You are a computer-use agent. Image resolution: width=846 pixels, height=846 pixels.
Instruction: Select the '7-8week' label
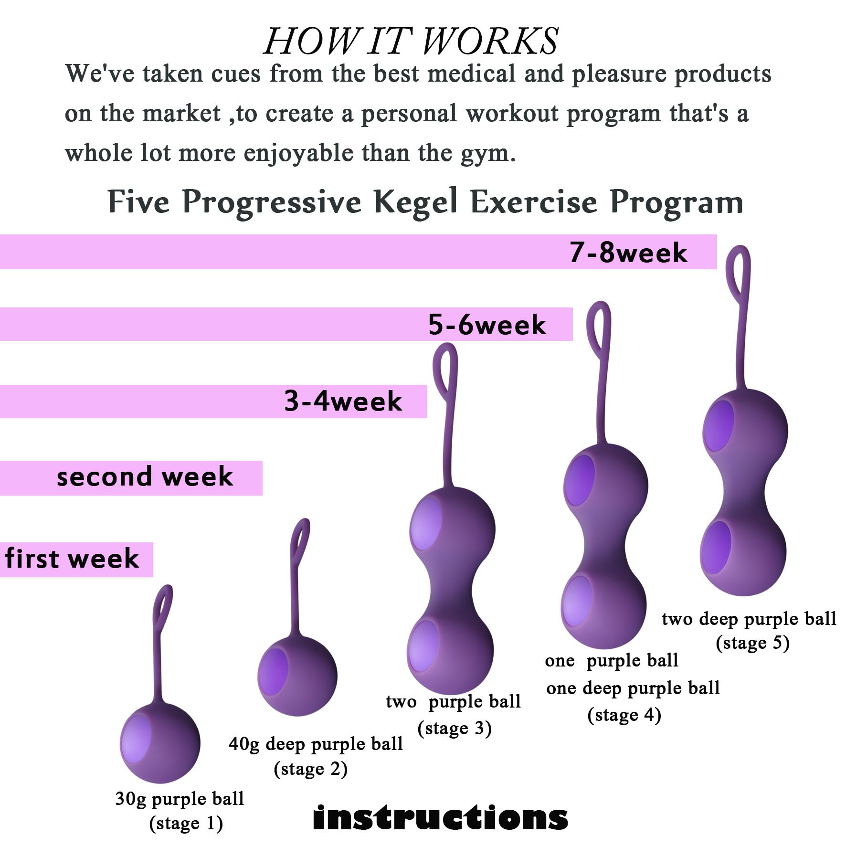(x=628, y=253)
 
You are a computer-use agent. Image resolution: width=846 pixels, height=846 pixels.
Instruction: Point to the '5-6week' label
(x=486, y=325)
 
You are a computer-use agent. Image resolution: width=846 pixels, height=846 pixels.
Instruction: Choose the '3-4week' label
(x=343, y=401)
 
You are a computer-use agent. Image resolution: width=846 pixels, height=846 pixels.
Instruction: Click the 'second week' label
(x=145, y=477)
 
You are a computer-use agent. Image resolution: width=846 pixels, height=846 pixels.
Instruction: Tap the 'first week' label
(x=72, y=559)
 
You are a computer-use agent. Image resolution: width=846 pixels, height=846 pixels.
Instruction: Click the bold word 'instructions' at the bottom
(x=440, y=818)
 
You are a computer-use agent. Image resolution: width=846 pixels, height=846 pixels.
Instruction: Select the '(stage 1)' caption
(x=186, y=824)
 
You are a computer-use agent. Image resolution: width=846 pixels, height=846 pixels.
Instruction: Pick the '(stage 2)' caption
(x=310, y=769)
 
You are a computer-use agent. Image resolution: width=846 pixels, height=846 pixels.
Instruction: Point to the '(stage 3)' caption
(x=455, y=729)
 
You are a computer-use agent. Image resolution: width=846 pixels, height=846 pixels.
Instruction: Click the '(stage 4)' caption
(x=624, y=715)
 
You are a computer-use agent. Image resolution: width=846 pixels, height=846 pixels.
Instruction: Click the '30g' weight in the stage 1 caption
(x=131, y=799)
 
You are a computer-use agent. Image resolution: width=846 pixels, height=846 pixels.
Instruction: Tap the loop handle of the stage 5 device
(x=738, y=272)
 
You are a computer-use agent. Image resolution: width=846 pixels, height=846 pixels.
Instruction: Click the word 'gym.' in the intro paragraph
(x=488, y=154)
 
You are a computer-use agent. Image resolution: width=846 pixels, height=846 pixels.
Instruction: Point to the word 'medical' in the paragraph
(x=472, y=74)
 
